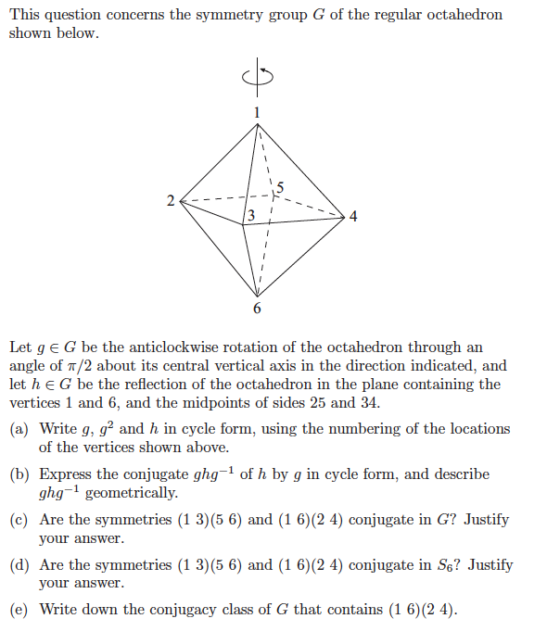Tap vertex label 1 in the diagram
click(x=259, y=112)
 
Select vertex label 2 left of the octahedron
click(x=170, y=200)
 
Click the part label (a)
click(x=19, y=429)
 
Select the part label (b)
click(x=19, y=474)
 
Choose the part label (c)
click(x=19, y=520)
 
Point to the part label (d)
click(x=19, y=565)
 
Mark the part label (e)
click(x=19, y=610)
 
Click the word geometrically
click(x=131, y=493)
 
